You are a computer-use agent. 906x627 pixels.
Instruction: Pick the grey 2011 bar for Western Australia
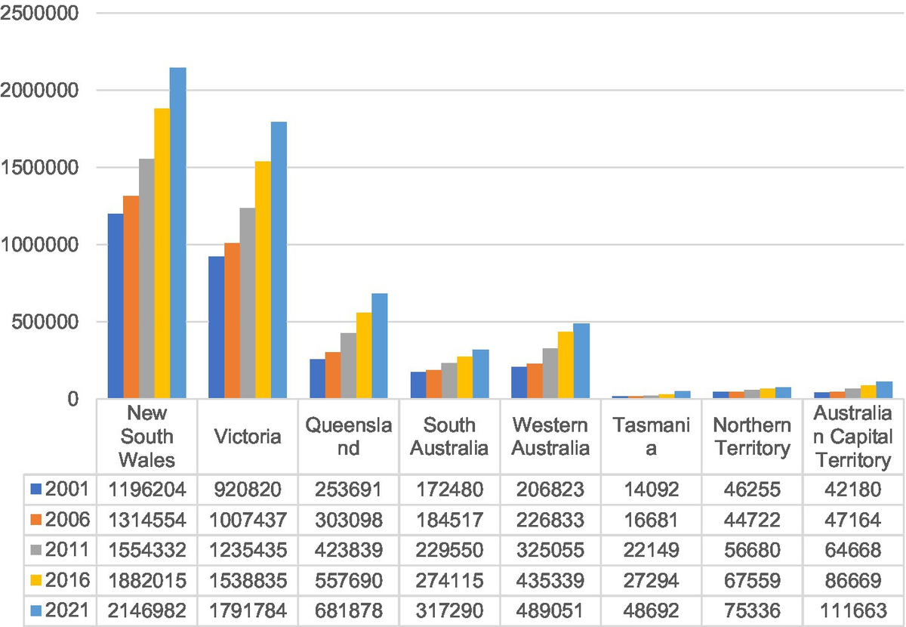click(550, 373)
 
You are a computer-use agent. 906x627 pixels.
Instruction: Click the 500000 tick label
click(47, 322)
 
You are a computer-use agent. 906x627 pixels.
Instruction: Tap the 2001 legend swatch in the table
click(35, 490)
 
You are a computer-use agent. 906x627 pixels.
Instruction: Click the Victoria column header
click(248, 437)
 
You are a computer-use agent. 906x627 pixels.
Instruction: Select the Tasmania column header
click(651, 437)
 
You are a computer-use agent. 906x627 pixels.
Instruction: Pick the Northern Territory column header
click(751, 437)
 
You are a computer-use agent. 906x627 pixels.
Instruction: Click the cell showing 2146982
click(147, 610)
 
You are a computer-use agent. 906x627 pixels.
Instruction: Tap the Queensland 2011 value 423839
click(349, 550)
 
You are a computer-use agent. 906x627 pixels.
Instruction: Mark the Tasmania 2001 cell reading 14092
click(651, 490)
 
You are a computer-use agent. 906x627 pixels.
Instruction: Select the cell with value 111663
click(852, 610)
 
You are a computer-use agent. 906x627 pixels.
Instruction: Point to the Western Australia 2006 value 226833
click(550, 520)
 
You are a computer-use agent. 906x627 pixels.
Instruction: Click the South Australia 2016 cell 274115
click(449, 580)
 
